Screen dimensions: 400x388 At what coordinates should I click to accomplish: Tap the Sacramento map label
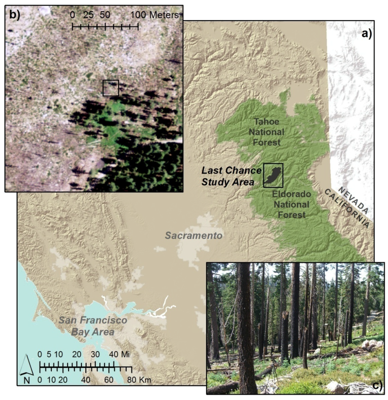click(193, 236)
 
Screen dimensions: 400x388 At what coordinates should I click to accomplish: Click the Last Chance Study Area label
click(231, 177)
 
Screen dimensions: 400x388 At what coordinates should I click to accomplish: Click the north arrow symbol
click(26, 369)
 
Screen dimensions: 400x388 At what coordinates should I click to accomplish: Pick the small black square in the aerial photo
click(111, 88)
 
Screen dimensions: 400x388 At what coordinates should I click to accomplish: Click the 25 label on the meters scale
click(89, 16)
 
